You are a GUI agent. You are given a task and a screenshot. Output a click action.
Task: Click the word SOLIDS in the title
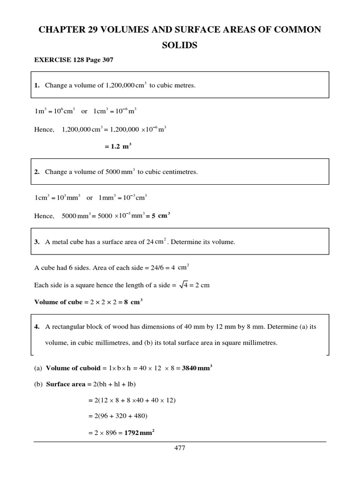point(180,45)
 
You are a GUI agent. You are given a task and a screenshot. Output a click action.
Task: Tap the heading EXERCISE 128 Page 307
point(74,60)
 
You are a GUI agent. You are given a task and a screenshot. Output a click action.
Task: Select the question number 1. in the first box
point(37,86)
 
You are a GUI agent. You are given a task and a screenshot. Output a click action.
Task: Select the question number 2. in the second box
point(37,172)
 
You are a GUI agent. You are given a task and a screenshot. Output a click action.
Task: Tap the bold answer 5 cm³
point(160,216)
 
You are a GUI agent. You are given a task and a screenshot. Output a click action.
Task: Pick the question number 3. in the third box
point(37,242)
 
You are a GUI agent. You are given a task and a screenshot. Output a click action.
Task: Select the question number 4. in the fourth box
point(37,327)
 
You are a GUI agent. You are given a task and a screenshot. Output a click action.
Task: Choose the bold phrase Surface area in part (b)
point(66,384)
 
